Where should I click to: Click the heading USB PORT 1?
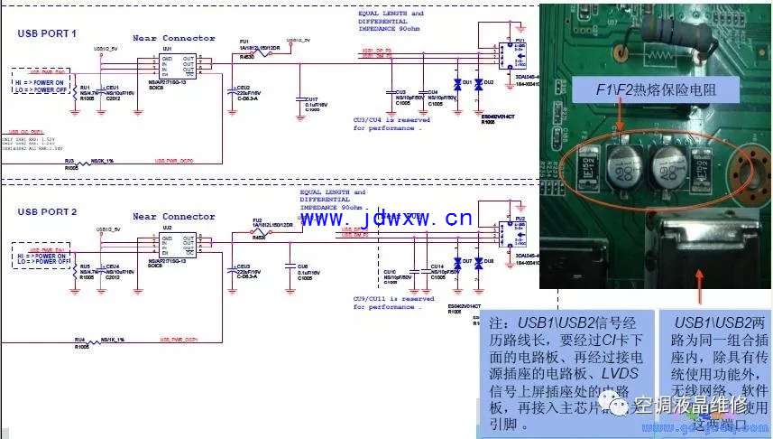(47, 33)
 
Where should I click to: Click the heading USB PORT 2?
(47, 210)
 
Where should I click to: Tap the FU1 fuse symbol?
(246, 53)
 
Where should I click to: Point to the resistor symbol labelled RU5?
(75, 268)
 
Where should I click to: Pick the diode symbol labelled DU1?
(456, 85)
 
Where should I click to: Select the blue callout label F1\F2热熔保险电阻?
(655, 89)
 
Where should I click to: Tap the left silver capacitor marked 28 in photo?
(622, 166)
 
